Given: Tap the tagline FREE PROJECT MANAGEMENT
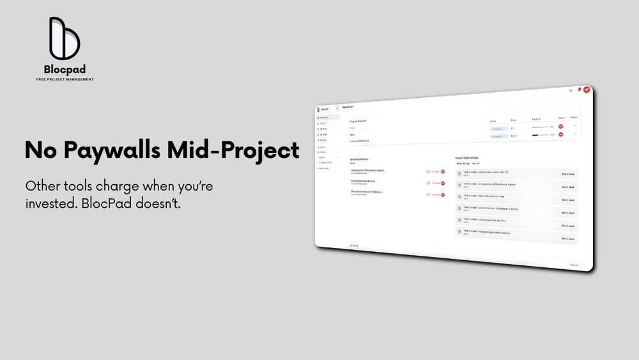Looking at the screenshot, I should pos(65,79).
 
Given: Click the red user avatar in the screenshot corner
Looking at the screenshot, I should pos(586,90).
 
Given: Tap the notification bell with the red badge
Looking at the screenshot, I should pos(578,90).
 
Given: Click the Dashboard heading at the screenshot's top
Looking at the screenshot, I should pos(349,106).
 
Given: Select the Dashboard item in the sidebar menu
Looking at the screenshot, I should pos(325,118).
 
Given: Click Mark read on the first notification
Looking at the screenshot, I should pos(567,173).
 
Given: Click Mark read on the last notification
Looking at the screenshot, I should pos(567,239).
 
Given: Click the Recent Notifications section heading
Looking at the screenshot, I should pos(466,157).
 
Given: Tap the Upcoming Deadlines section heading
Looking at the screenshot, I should pos(360,159).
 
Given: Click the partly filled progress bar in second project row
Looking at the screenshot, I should pos(541,135).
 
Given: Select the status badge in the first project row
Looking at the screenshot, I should pos(498,128).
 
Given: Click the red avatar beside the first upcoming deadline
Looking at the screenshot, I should pos(443,172).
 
